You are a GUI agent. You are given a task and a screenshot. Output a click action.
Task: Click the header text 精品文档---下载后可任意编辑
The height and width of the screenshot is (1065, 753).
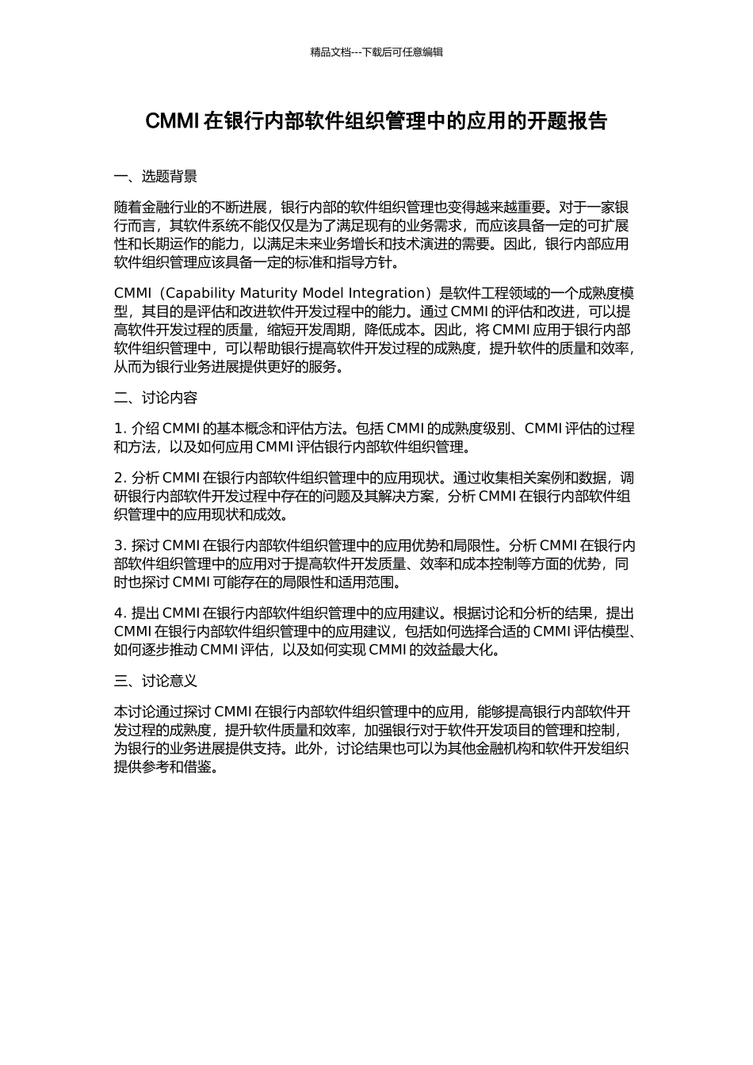click(x=376, y=52)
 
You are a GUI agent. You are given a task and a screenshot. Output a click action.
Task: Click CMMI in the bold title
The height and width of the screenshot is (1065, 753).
click(x=171, y=121)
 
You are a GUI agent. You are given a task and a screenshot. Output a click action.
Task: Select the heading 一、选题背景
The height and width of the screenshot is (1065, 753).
click(x=155, y=177)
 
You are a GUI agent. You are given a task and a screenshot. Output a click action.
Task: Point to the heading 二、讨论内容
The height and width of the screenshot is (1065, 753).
click(x=155, y=398)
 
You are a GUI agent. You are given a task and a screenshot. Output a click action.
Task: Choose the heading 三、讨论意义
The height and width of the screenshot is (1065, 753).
click(x=155, y=681)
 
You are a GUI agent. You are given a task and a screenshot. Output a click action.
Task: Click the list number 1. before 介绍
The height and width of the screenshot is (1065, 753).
click(x=120, y=429)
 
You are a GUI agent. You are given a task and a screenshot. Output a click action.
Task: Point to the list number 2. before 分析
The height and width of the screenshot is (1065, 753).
click(x=120, y=478)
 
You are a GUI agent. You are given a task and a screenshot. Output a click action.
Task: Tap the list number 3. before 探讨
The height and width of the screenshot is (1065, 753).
click(x=120, y=545)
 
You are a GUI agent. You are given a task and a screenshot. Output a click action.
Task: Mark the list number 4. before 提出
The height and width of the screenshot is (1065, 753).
click(x=120, y=613)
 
